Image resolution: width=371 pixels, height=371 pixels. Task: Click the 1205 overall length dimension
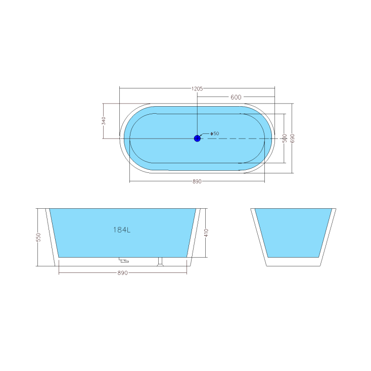pos(197,88)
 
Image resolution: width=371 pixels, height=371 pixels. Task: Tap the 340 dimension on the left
pos(103,121)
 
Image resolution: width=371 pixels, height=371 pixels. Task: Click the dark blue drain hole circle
pos(197,138)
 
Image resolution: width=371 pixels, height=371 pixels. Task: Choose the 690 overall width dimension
pos(292,137)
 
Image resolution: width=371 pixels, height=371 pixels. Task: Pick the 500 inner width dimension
pos(285,137)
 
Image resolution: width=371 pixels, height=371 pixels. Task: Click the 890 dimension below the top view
pos(197,181)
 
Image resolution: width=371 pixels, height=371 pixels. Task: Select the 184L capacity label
pos(122,230)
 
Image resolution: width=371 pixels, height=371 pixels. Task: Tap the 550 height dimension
pos(38,237)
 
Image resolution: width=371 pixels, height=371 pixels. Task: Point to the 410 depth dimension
pos(206,233)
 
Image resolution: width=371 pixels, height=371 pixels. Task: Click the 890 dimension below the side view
pos(122,273)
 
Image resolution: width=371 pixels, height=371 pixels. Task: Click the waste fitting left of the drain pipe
pos(124,261)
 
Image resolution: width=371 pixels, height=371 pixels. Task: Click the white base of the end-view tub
pos(293,262)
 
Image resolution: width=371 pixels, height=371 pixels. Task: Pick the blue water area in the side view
pos(152,238)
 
